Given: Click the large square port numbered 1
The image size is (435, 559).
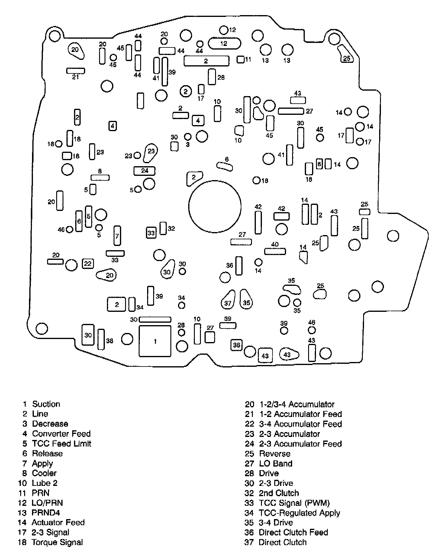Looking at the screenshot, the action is (x=155, y=341).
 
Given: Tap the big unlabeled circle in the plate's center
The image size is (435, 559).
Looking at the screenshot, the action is (x=215, y=207).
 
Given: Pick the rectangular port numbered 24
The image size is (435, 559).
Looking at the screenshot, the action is (x=144, y=171).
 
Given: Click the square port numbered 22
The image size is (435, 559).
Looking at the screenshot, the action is (x=88, y=264).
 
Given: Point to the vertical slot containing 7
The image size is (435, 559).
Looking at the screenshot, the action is (x=117, y=236).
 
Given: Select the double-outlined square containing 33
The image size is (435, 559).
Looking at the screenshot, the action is (x=151, y=233).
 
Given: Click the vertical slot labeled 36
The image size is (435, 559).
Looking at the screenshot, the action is (x=239, y=266).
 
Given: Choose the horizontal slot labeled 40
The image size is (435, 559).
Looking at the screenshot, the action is (x=275, y=251).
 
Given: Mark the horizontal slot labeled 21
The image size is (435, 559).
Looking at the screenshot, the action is (x=76, y=71).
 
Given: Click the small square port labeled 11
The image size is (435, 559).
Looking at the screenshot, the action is (x=240, y=60).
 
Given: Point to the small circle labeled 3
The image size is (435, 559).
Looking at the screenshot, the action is (x=188, y=137).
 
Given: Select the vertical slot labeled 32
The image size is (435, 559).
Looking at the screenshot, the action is (x=163, y=228).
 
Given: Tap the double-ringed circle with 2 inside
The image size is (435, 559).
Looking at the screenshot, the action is (x=186, y=91).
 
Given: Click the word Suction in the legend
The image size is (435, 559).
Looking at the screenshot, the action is (x=46, y=404).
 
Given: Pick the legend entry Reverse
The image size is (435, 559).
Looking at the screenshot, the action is (x=275, y=454).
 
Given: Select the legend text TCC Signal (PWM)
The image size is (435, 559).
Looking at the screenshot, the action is (x=294, y=503).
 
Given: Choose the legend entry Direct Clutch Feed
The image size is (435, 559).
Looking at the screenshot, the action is (x=293, y=532).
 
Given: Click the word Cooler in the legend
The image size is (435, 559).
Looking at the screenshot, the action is (x=44, y=473).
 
